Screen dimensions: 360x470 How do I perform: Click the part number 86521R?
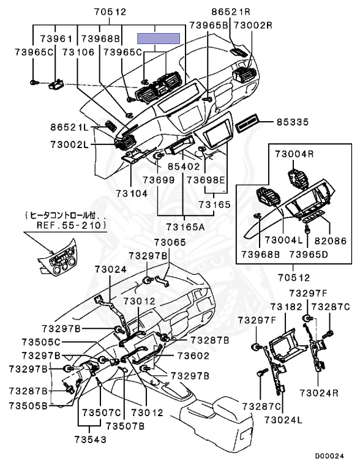pyautogui.click(x=231, y=12)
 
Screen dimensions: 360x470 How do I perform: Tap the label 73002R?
pyautogui.click(x=253, y=25)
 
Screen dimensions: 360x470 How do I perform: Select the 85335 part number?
pyautogui.click(x=292, y=122)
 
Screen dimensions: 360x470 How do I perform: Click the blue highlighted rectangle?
pyautogui.click(x=159, y=39)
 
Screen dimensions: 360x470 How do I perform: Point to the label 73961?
pyautogui.click(x=56, y=39)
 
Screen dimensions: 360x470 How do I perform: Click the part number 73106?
pyautogui.click(x=78, y=52)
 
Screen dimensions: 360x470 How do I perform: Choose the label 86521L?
pyautogui.click(x=70, y=127)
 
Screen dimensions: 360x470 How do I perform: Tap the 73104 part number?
pyautogui.click(x=132, y=193)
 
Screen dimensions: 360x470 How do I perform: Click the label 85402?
pyautogui.click(x=183, y=166)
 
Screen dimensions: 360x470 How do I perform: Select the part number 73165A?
pyautogui.click(x=185, y=227)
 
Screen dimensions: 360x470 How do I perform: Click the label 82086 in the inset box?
pyautogui.click(x=330, y=241)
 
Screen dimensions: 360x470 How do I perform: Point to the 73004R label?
pyautogui.click(x=294, y=154)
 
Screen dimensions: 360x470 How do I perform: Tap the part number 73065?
pyautogui.click(x=170, y=242)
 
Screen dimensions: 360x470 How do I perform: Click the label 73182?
pyautogui.click(x=286, y=307)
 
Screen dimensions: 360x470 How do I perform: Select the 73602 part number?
pyautogui.click(x=193, y=356)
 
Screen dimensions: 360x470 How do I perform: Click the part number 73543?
pyautogui.click(x=90, y=439)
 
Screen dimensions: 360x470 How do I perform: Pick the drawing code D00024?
pyautogui.click(x=329, y=457)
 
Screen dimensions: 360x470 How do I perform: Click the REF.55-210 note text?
pyautogui.click(x=72, y=225)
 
